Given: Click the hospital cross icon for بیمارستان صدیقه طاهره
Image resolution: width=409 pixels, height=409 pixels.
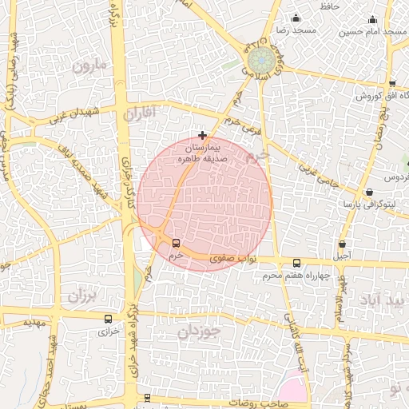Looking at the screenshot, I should (x=203, y=136).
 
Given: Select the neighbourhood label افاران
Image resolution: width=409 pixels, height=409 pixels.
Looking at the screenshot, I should (x=142, y=114).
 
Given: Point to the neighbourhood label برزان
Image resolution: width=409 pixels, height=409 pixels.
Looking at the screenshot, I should (x=81, y=296).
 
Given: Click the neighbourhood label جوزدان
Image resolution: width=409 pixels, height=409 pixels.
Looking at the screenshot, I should (x=197, y=331).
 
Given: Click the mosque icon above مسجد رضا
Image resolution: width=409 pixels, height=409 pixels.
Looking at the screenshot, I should (x=296, y=18).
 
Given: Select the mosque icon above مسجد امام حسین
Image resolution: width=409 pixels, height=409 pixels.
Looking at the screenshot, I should (x=372, y=20).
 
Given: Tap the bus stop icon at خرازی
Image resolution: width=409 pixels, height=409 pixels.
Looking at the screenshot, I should (x=108, y=319).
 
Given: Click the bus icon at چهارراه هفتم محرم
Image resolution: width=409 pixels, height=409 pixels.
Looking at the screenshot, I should (x=297, y=263).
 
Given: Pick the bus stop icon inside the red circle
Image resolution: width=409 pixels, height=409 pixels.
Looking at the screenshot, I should (x=176, y=243).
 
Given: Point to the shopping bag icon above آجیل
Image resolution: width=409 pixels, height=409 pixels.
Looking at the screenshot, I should (x=343, y=244).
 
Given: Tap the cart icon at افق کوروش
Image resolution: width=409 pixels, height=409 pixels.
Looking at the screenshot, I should (x=392, y=84).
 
